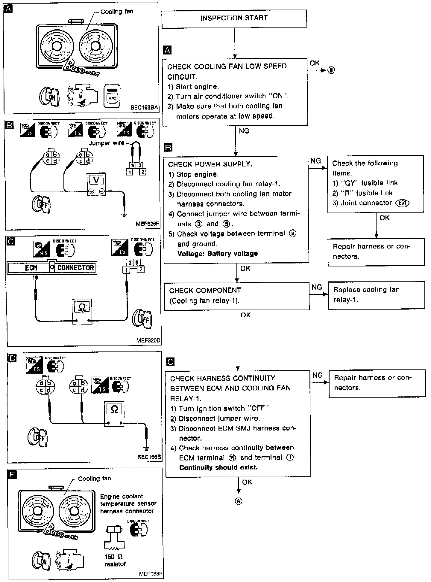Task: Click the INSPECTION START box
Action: click(234, 19)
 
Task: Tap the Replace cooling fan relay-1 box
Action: click(376, 295)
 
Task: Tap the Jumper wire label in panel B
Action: click(107, 143)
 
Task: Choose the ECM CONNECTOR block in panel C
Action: click(52, 268)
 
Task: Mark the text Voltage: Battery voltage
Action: click(217, 254)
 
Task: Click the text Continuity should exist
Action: click(218, 467)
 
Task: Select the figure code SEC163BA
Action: click(144, 107)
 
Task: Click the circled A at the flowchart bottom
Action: click(239, 501)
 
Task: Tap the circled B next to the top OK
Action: click(331, 70)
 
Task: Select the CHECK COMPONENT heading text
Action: click(205, 290)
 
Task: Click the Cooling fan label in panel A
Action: click(117, 12)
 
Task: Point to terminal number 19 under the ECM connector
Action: click(35, 278)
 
